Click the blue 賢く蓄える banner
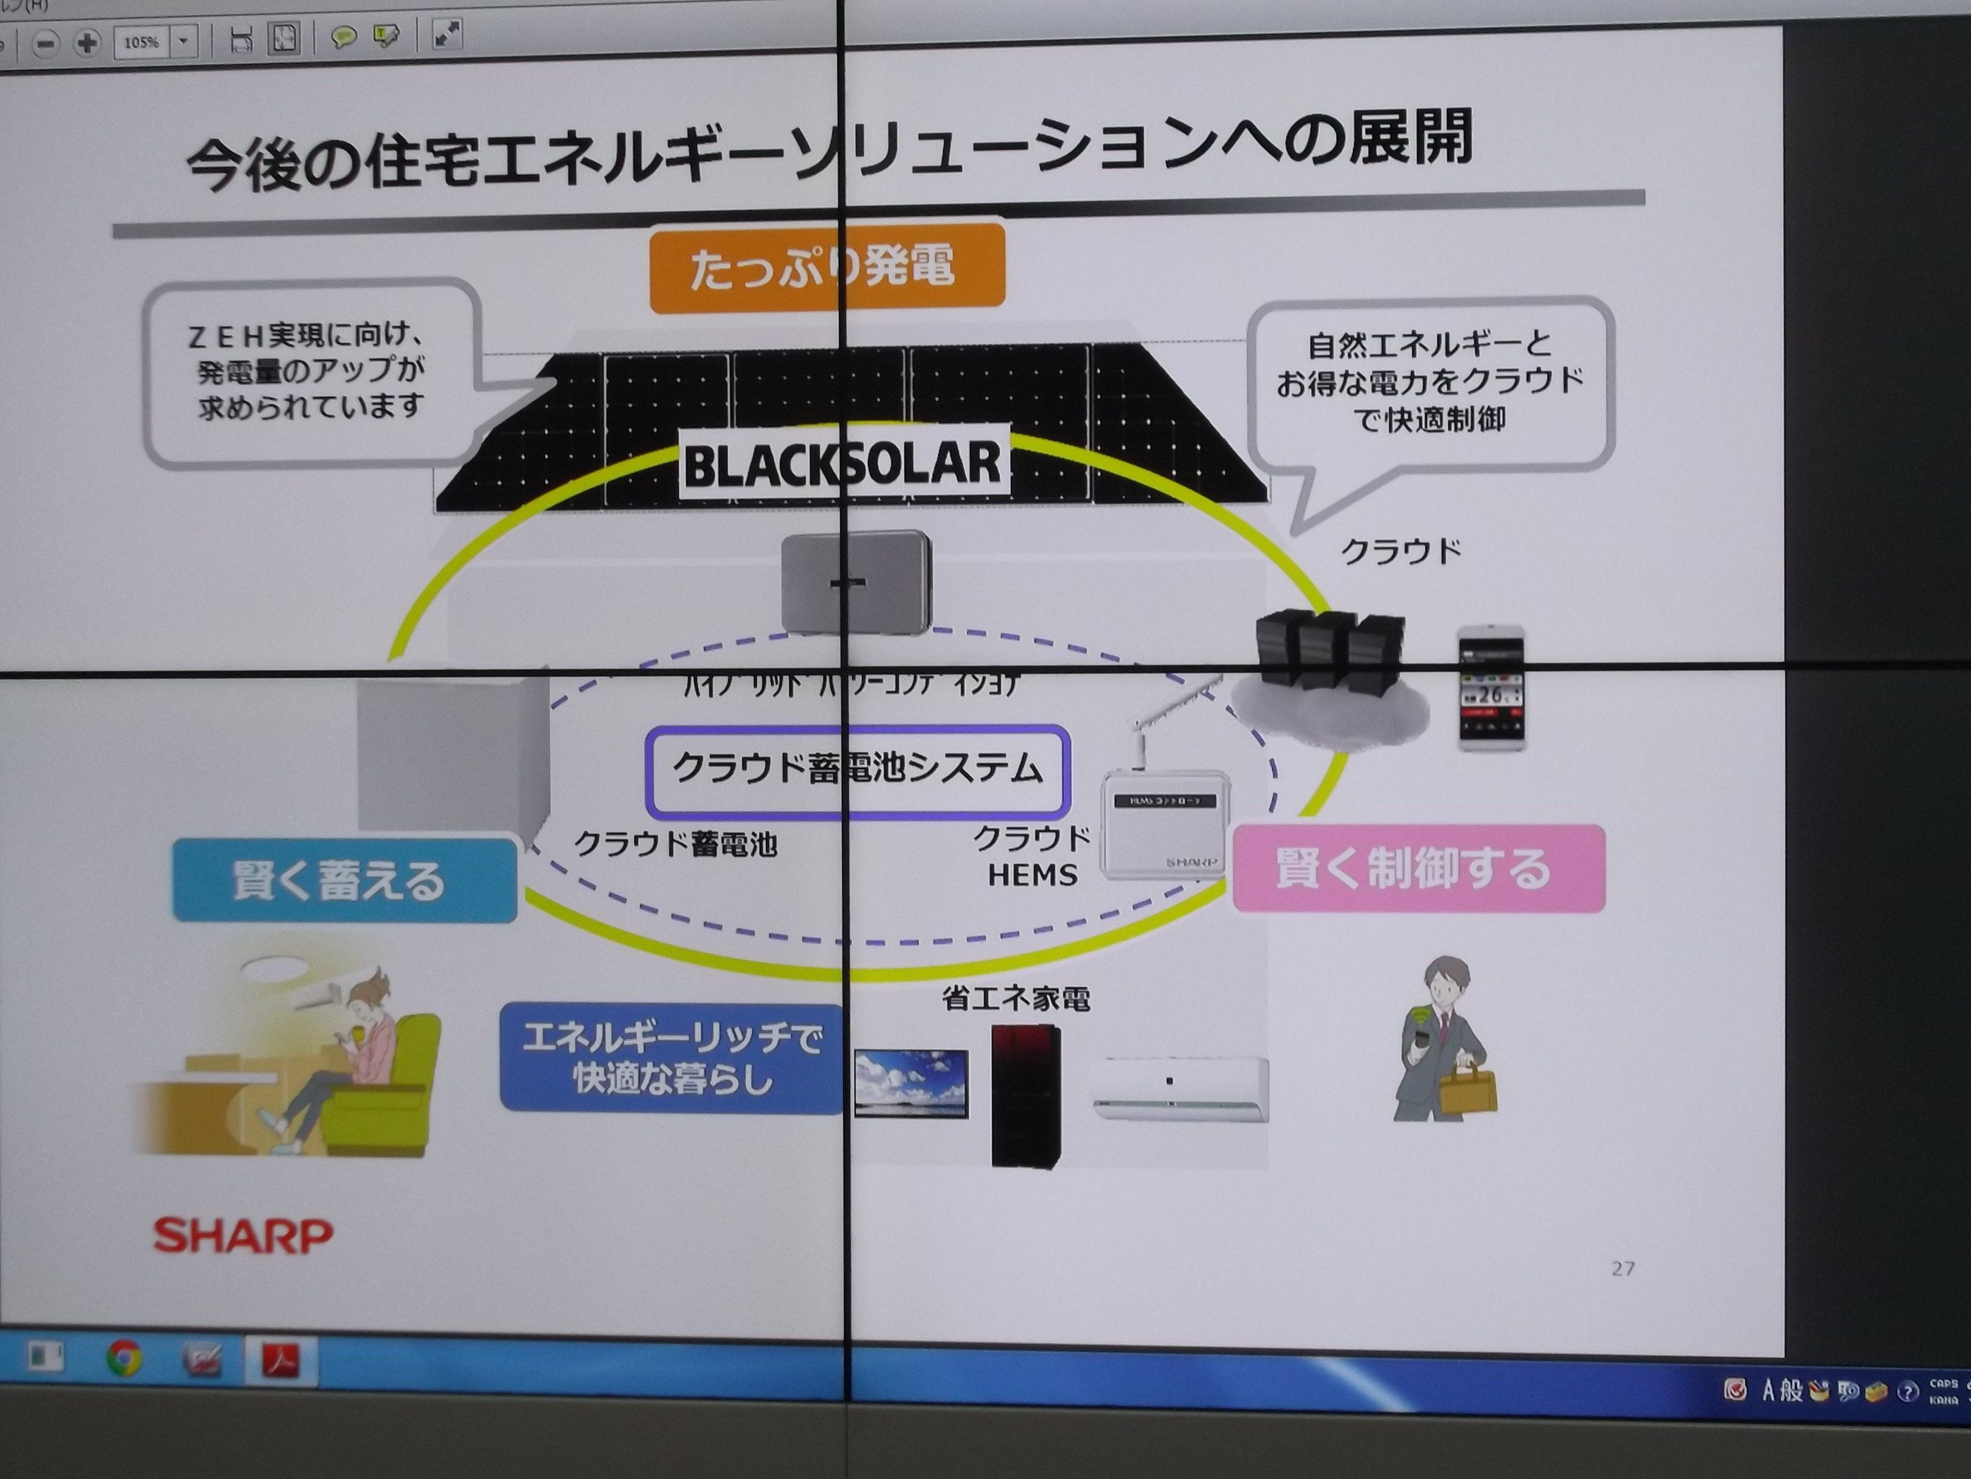tap(344, 880)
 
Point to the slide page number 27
tap(1623, 1268)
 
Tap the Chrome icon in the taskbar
tap(124, 1358)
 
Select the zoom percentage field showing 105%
tap(142, 42)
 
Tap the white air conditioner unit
tap(1180, 1087)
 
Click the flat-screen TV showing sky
tap(911, 1081)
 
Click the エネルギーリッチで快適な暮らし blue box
tap(671, 1058)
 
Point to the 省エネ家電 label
tap(1016, 999)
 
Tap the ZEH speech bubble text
tap(309, 371)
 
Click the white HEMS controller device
tap(1164, 825)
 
